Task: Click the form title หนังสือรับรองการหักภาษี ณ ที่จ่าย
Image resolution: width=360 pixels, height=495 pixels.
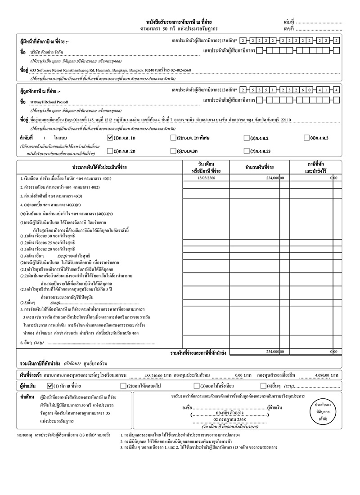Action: (x=180, y=22)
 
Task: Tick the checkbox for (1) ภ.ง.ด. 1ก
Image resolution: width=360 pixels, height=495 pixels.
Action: (x=111, y=138)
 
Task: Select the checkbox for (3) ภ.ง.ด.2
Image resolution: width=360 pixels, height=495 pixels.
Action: (x=246, y=138)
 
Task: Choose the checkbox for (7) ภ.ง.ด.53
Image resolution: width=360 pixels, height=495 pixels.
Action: (x=246, y=151)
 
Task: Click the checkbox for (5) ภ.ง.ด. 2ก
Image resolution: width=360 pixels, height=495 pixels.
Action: (x=111, y=151)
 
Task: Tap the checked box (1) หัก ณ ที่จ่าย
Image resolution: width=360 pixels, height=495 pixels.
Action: (x=50, y=386)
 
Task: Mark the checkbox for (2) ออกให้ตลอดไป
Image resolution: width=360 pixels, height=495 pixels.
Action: (x=123, y=386)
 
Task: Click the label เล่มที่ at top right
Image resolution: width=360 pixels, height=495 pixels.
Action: (x=288, y=22)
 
